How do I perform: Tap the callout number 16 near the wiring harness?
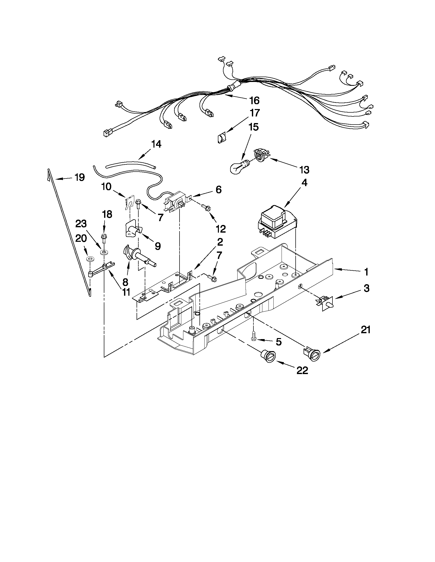click(x=254, y=101)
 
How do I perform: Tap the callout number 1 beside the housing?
click(x=366, y=272)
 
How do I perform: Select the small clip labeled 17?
click(x=222, y=138)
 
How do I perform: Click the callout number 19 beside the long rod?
click(x=79, y=177)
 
